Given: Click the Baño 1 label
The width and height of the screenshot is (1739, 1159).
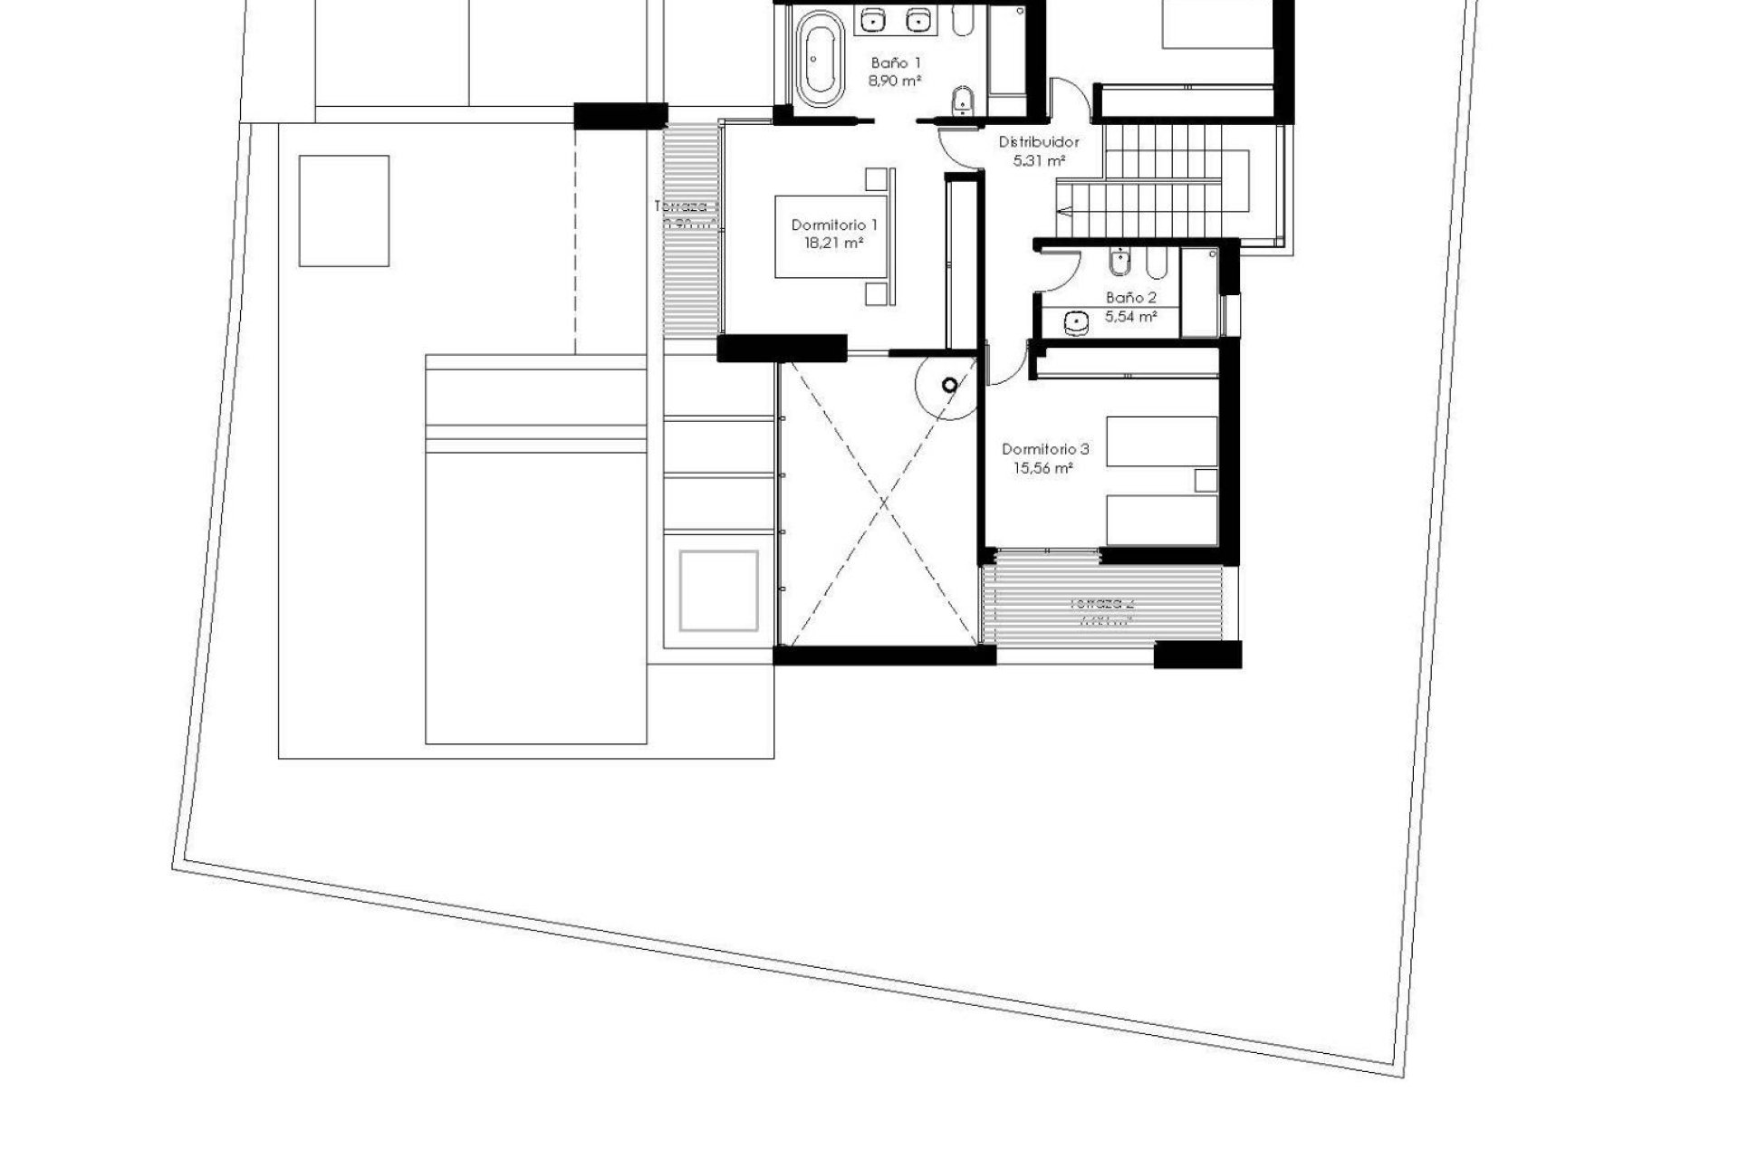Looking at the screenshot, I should pyautogui.click(x=896, y=63).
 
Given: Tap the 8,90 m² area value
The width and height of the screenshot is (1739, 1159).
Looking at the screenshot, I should pyautogui.click(x=896, y=81).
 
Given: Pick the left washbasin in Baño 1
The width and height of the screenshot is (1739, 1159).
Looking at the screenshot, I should pyautogui.click(x=873, y=18).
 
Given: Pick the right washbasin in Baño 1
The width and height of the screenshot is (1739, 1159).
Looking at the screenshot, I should pyautogui.click(x=918, y=18).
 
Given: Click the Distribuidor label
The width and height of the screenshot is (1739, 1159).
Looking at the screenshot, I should pyautogui.click(x=1039, y=142).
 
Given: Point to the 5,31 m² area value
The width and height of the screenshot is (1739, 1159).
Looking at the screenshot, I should pyautogui.click(x=1038, y=160).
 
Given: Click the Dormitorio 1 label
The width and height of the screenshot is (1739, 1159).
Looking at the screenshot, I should pyautogui.click(x=834, y=225).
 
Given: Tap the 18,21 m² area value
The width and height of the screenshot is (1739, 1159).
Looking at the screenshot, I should pyautogui.click(x=834, y=243).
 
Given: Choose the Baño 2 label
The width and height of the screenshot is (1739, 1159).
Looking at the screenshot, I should pyautogui.click(x=1131, y=298).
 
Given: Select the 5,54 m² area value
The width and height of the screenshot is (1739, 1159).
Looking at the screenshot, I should pyautogui.click(x=1131, y=317).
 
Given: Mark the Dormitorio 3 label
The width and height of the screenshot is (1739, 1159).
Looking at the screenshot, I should pyautogui.click(x=1045, y=449).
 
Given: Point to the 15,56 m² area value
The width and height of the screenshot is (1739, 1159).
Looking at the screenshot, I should pyautogui.click(x=1044, y=468).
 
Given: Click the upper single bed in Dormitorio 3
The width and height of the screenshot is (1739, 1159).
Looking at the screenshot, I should pyautogui.click(x=1162, y=441).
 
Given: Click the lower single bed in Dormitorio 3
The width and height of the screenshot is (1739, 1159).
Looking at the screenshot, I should pyautogui.click(x=1162, y=520).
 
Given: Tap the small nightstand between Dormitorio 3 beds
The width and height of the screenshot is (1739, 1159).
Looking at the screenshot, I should pyautogui.click(x=1206, y=481).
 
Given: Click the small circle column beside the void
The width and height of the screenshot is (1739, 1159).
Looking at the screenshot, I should pyautogui.click(x=949, y=387).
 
